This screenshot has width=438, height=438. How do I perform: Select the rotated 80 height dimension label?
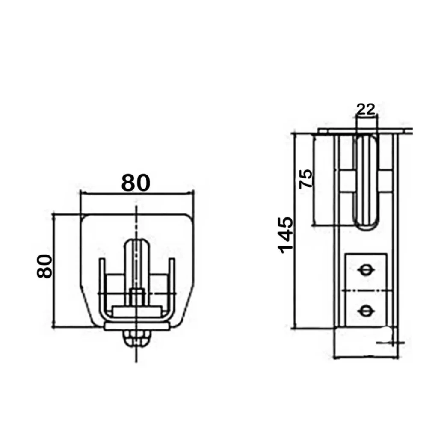click(x=44, y=266)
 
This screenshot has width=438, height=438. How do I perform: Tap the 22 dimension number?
click(x=366, y=109)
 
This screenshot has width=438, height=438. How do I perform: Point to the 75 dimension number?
click(x=306, y=179)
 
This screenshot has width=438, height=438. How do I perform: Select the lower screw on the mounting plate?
click(x=366, y=310)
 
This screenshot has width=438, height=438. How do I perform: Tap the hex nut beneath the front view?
click(x=136, y=339)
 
